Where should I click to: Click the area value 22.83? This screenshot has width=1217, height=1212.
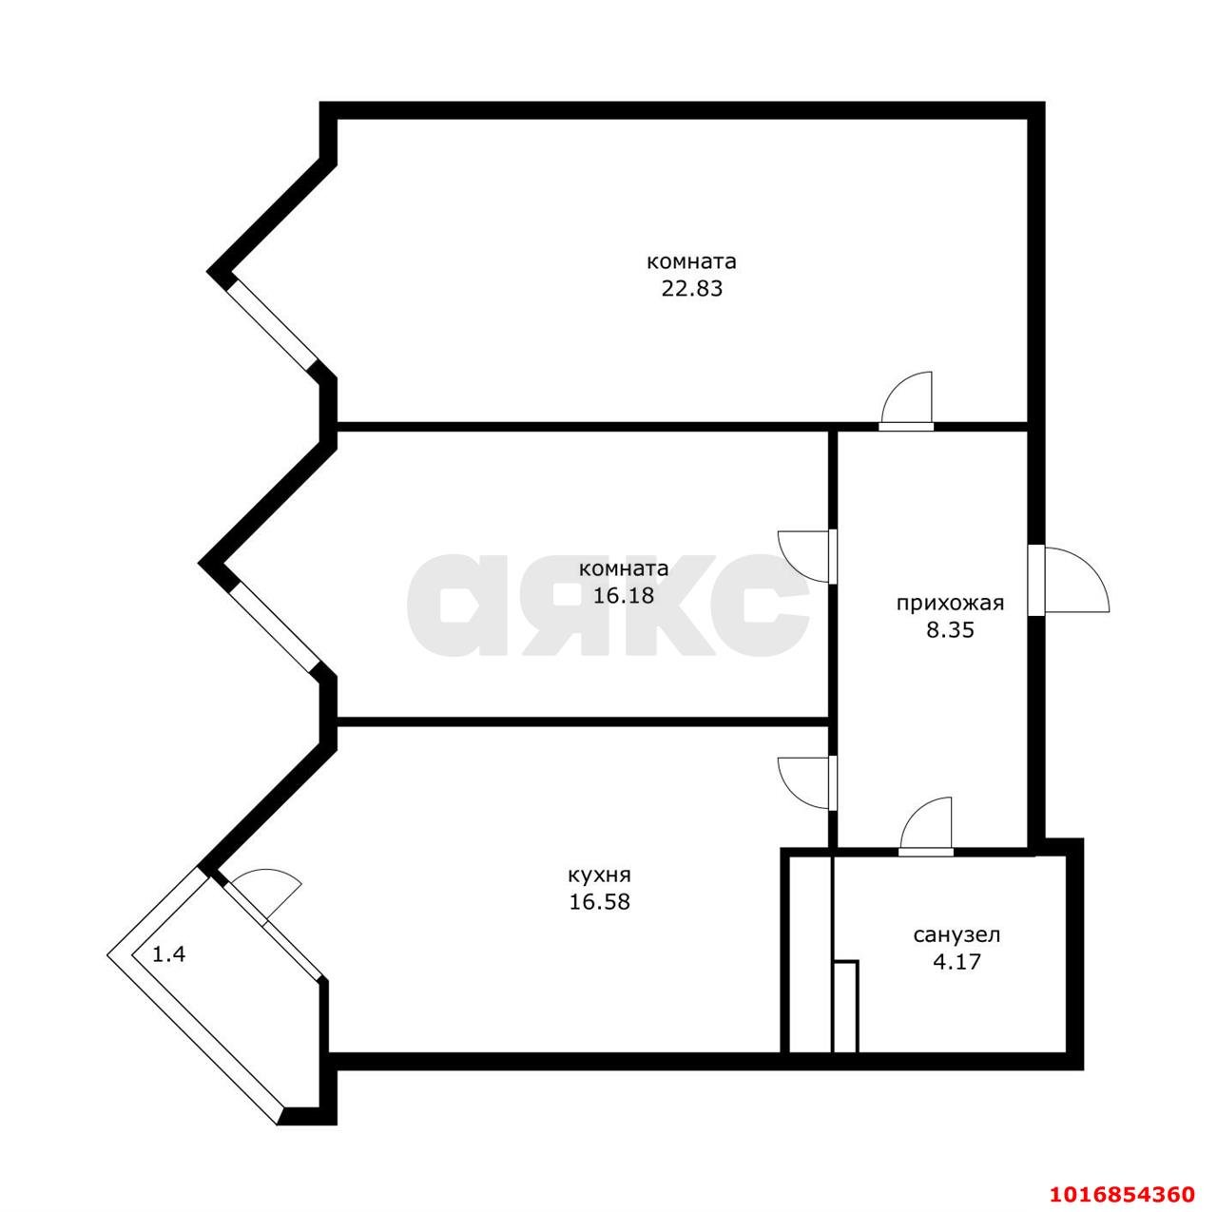(691, 289)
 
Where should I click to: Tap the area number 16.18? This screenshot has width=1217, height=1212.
(624, 596)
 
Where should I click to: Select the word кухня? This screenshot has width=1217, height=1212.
(599, 875)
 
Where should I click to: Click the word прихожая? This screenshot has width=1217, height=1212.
(950, 603)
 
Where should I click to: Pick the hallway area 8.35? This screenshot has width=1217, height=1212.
(950, 629)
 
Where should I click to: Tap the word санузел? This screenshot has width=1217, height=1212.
(956, 935)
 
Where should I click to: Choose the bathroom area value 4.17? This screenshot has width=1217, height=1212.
(956, 962)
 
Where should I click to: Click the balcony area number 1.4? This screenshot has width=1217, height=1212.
(169, 954)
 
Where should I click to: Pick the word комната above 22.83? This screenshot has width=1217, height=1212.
(691, 261)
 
